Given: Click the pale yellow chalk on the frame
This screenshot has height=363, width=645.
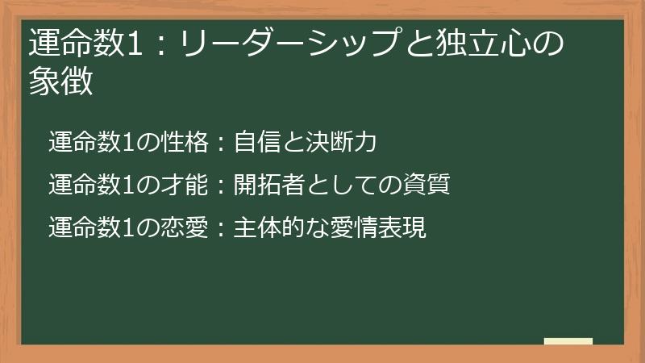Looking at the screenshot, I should click(x=568, y=341).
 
